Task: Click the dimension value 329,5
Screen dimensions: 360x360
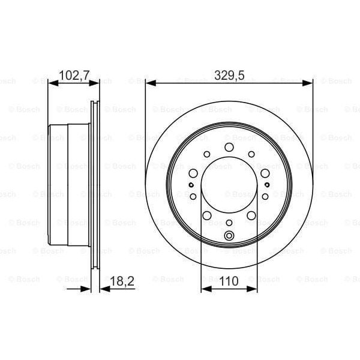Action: coord(229,75)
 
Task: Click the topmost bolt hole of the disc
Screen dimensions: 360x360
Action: coord(229,148)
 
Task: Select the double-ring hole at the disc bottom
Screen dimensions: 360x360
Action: coord(229,235)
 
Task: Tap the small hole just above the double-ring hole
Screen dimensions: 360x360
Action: coord(229,223)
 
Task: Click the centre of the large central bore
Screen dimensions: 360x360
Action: coord(229,186)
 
